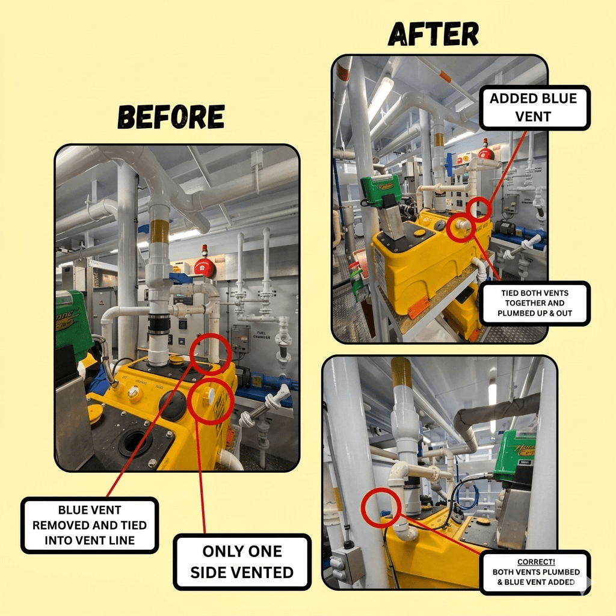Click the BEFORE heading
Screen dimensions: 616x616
coord(171,117)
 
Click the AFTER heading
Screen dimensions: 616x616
coord(433,34)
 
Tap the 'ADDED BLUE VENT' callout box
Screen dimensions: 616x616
coord(534,108)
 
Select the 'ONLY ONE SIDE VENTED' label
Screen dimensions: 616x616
coord(242,562)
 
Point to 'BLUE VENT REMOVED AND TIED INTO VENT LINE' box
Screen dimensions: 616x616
coord(90,525)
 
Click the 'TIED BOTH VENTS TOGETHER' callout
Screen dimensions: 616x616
coord(534,303)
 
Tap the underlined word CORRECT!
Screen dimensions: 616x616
coord(536,562)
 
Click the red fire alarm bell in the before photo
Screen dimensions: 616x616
coord(205,266)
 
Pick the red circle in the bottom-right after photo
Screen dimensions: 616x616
coord(381,508)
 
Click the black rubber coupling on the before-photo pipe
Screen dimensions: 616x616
coord(158,324)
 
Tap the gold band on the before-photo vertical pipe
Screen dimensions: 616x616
coord(159,232)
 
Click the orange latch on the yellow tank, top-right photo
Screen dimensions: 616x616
coord(417,307)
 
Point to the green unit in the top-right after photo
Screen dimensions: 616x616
coord(380,190)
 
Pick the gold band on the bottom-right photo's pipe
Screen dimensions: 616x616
coord(401,372)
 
